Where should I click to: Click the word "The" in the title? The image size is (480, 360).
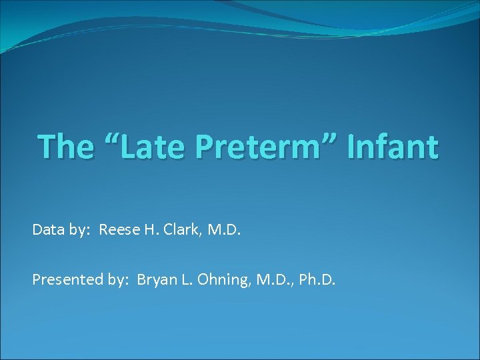pyautogui.click(x=65, y=147)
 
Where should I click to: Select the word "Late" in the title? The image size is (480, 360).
pyautogui.click(x=149, y=147)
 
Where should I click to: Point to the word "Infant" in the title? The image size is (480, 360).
pyautogui.click(x=392, y=147)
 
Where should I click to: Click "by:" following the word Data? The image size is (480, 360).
pyautogui.click(x=80, y=231)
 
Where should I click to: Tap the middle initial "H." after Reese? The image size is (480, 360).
pyautogui.click(x=149, y=231)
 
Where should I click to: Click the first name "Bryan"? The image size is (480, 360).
pyautogui.click(x=155, y=280)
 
